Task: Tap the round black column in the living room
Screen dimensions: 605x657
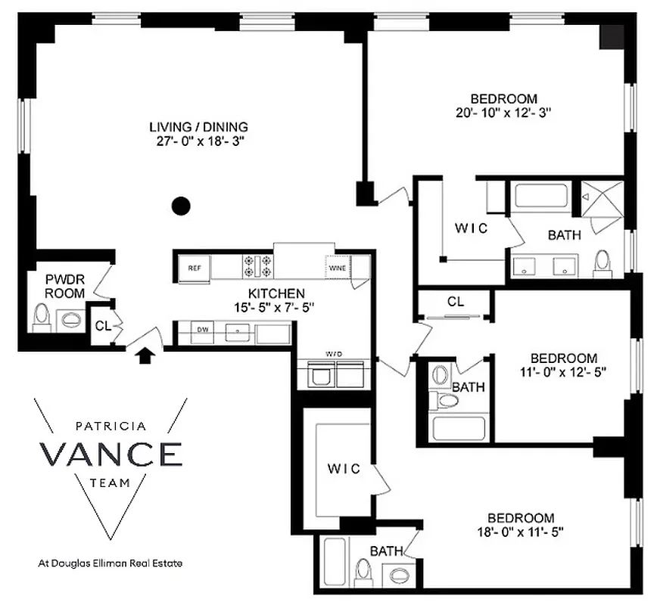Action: click(180, 203)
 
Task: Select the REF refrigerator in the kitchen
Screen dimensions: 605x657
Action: click(194, 267)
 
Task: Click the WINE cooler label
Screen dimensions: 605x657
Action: click(337, 266)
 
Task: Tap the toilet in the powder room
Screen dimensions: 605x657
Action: click(42, 316)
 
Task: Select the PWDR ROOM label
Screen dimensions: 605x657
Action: click(64, 286)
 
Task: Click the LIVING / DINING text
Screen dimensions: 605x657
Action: click(198, 126)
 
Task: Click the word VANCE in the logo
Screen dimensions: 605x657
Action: click(111, 454)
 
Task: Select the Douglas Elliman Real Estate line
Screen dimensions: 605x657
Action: click(111, 563)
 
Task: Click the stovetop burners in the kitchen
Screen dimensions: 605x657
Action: click(257, 266)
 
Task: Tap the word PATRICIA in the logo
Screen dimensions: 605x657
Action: click(111, 426)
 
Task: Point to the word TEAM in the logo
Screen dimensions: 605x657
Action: click(111, 482)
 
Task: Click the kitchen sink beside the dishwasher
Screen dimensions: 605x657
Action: click(239, 331)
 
